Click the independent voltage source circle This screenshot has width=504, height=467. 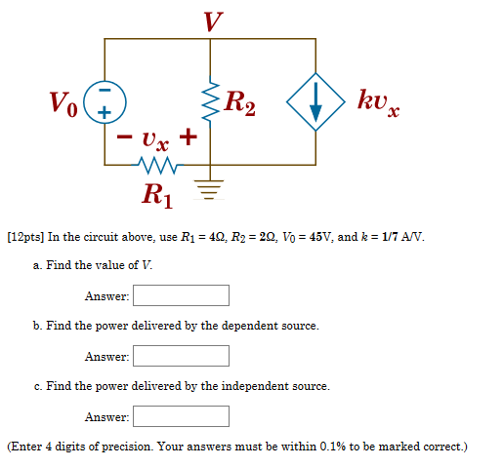click(105, 101)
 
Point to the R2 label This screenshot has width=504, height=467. click(239, 101)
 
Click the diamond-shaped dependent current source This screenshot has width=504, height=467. click(315, 101)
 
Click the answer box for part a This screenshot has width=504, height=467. click(182, 295)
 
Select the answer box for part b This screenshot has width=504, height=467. click(182, 356)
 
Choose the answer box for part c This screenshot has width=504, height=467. click(182, 416)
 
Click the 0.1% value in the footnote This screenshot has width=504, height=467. click(334, 447)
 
